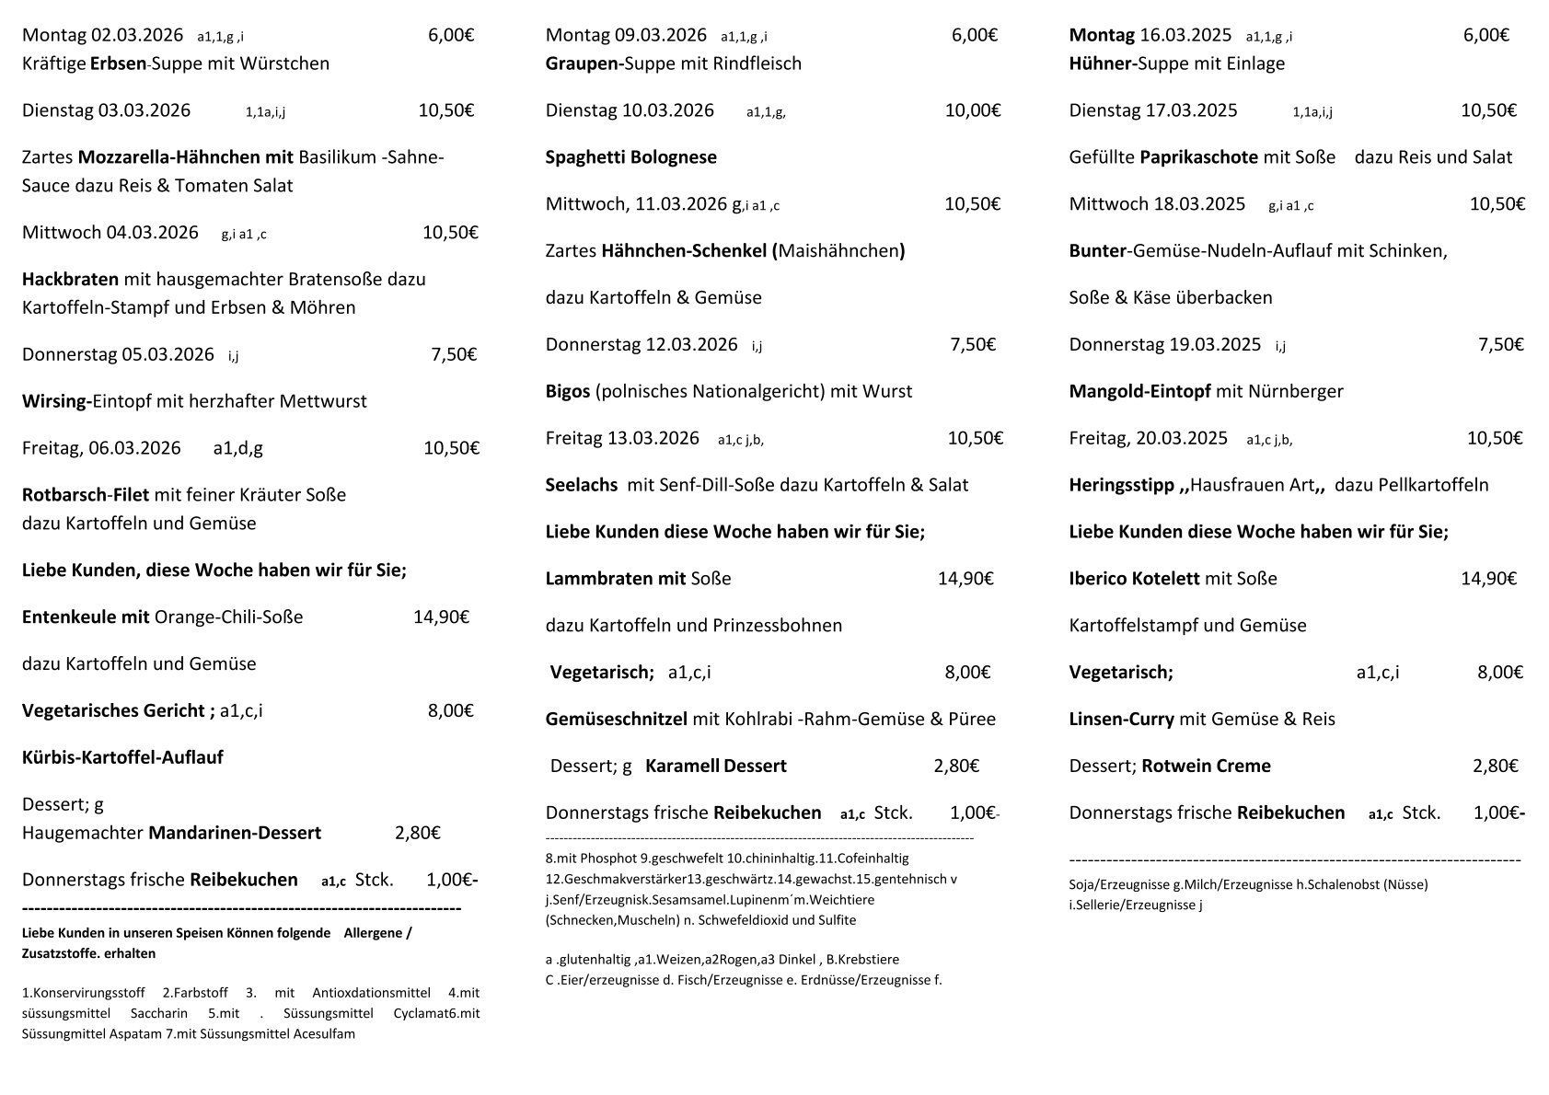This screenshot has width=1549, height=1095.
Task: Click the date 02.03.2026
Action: pos(136,36)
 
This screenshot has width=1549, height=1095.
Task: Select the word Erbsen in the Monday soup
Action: pos(119,63)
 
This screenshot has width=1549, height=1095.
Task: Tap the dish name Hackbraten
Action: pos(70,279)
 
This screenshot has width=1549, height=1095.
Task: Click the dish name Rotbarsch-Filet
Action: pos(86,495)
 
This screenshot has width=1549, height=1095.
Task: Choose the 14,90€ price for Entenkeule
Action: pos(441,617)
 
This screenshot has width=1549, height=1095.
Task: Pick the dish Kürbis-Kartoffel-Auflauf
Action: pos(122,757)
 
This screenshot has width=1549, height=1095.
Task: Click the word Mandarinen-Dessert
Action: pos(235,833)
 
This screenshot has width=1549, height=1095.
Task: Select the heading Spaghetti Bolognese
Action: pos(630,157)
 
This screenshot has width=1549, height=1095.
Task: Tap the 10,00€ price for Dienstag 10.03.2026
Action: pos(972,110)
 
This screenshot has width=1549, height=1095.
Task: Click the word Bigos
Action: pos(567,391)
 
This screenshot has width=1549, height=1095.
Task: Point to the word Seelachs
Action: pos(581,485)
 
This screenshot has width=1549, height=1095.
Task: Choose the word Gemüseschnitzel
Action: pos(616,719)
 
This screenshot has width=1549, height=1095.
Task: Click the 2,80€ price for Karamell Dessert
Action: pos(956,766)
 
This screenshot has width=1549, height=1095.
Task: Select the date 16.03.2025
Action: pos(1185,36)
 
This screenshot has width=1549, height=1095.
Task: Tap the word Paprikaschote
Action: pos(1198,157)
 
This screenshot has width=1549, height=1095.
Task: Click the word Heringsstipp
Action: pos(1119,485)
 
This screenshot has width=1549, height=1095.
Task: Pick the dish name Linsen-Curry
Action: pos(1121,719)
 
